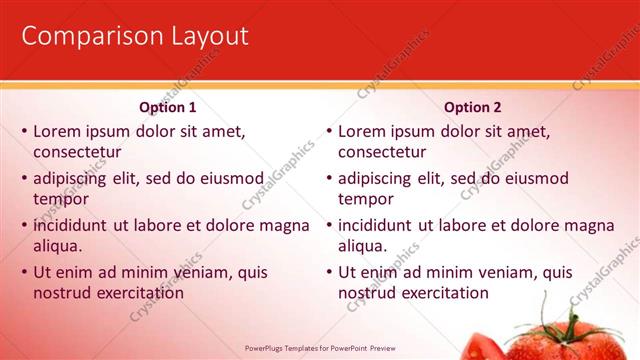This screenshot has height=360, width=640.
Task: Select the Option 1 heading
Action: pyautogui.click(x=167, y=107)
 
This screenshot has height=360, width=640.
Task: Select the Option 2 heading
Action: pyautogui.click(x=473, y=107)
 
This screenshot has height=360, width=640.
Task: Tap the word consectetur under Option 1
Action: pyautogui.click(x=77, y=152)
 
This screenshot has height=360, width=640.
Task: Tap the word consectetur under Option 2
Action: pyautogui.click(x=382, y=152)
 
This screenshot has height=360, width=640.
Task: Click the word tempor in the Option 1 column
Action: pyautogui.click(x=61, y=199)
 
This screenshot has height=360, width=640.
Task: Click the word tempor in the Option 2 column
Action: pyautogui.click(x=366, y=199)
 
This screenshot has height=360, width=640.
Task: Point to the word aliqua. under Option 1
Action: pyautogui.click(x=57, y=246)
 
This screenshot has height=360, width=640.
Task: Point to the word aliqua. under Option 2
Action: pyautogui.click(x=362, y=246)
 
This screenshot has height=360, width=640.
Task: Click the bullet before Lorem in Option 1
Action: pyautogui.click(x=23, y=131)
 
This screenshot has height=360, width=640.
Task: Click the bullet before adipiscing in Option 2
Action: pyautogui.click(x=328, y=179)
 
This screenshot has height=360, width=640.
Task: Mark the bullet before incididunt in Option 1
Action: pyautogui.click(x=23, y=226)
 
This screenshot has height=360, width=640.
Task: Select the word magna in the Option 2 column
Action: pyautogui.click(x=586, y=225)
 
